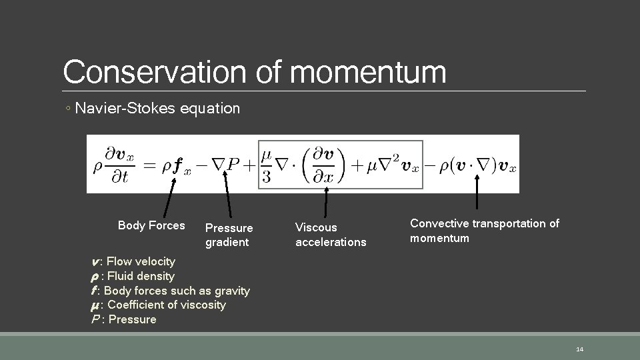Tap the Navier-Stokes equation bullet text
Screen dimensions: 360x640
pyautogui.click(x=157, y=108)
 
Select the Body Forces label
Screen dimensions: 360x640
pyautogui.click(x=151, y=225)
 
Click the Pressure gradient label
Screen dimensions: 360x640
pyautogui.click(x=229, y=235)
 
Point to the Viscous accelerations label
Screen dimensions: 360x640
pyautogui.click(x=331, y=235)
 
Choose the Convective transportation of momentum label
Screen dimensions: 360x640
pyautogui.click(x=484, y=231)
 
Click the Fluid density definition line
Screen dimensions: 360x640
pyautogui.click(x=132, y=276)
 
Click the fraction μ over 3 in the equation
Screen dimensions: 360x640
pyautogui.click(x=267, y=163)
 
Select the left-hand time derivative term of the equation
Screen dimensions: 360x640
pyautogui.click(x=110, y=164)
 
